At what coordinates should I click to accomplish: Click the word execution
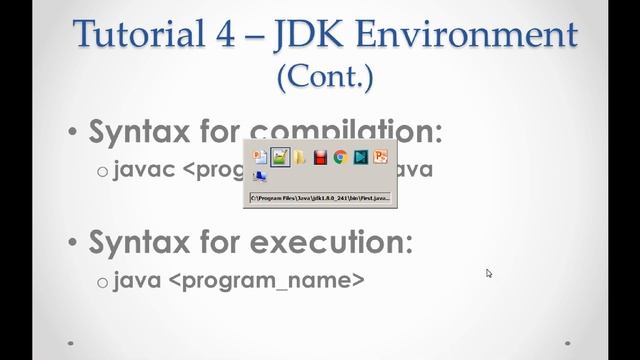[345, 241]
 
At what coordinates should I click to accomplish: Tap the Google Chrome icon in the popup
[340, 157]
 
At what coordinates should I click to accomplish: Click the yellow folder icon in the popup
[301, 157]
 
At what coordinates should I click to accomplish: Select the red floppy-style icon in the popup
[320, 157]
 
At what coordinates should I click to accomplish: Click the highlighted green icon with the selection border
[281, 157]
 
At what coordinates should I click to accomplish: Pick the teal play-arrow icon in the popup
[360, 157]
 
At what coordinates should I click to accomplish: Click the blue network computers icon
[260, 177]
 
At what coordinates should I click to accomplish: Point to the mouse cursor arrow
[489, 272]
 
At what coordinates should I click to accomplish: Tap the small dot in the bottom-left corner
[71, 342]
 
